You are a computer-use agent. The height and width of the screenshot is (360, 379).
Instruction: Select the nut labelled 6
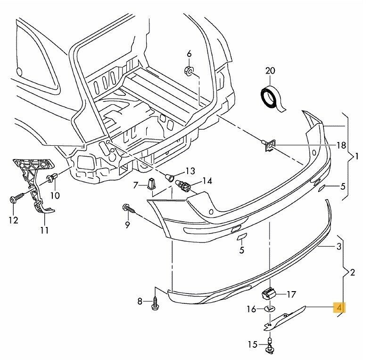coord(189,72)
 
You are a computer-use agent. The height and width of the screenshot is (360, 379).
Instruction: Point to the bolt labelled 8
coord(155,303)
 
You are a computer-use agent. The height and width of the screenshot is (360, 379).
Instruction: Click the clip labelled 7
coord(150,184)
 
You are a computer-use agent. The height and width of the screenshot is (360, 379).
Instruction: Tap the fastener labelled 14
coord(185,185)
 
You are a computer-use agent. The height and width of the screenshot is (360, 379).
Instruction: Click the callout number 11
coord(44,231)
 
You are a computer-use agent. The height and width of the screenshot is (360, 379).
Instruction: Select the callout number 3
coord(338,246)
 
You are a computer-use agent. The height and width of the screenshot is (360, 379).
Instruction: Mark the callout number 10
coord(56,195)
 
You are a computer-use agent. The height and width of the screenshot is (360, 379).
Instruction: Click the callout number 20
coord(270,71)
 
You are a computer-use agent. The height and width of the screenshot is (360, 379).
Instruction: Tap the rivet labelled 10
coord(51,179)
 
